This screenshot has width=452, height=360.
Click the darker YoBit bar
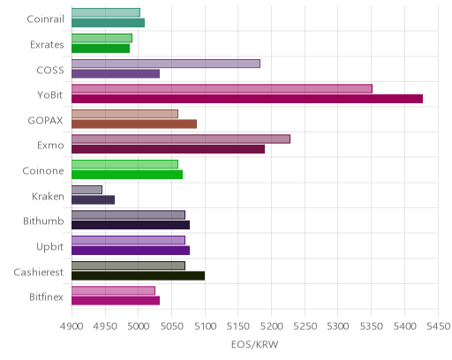[x=247, y=99]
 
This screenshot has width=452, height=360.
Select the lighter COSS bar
[x=166, y=64]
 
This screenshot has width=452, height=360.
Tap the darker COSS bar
[x=116, y=73]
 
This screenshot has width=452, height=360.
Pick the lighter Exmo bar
[x=181, y=139]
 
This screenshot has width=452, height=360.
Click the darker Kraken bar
[x=94, y=200]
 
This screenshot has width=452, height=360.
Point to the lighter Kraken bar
[x=87, y=190]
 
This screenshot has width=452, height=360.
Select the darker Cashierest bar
[x=139, y=276]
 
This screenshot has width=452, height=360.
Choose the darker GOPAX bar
[x=134, y=124]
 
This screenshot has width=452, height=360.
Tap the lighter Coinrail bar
[x=106, y=12]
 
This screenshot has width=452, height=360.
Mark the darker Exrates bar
[x=101, y=49]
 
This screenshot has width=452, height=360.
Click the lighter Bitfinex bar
[x=113, y=290]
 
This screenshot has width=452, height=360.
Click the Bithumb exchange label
[x=43, y=221]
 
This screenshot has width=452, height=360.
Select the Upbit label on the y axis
[x=49, y=247]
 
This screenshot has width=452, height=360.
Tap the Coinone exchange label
[x=43, y=170]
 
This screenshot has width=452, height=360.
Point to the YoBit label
[x=50, y=95]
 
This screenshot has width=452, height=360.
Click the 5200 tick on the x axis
[x=272, y=326]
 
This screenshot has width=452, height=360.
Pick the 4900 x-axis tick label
[x=72, y=326]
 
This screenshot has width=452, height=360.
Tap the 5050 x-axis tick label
[x=172, y=326]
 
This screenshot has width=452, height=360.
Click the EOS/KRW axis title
[x=255, y=344]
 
